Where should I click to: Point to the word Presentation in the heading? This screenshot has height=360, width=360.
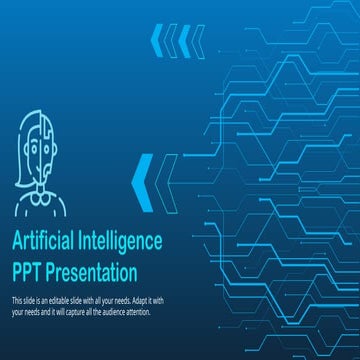click(x=92, y=270)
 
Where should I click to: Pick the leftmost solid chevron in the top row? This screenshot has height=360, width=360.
click(x=156, y=41)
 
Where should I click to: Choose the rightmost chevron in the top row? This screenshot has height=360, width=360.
click(x=199, y=41)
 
